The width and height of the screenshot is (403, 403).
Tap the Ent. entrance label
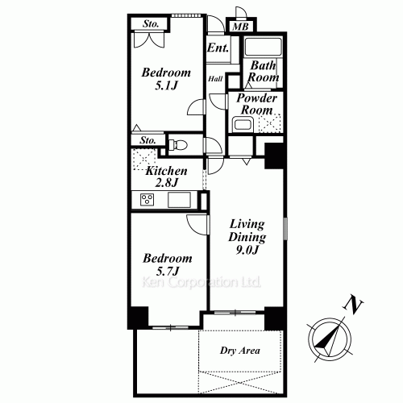tap(218, 48)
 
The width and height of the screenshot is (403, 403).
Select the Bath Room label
tap(264, 72)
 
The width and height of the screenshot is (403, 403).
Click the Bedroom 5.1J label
tap(166, 78)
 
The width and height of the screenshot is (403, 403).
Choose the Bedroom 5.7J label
tap(168, 264)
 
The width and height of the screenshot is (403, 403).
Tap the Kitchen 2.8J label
tap(167, 177)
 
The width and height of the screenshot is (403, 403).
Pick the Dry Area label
tap(240, 351)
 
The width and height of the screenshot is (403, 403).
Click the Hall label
tap(216, 79)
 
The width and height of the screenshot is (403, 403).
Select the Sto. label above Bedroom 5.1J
tap(151, 23)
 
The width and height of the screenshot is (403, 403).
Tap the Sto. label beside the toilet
tap(147, 141)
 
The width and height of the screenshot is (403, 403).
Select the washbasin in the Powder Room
tap(240, 124)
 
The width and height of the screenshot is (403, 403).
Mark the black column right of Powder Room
tap(274, 155)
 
